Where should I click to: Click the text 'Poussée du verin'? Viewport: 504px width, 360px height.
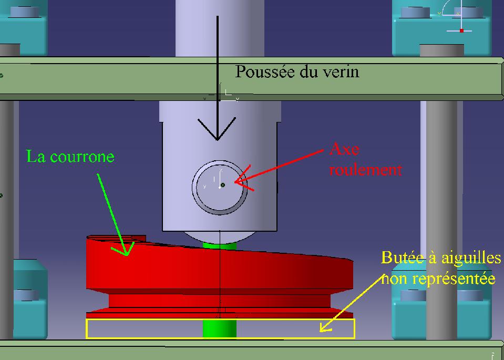pyautogui.click(x=297, y=71)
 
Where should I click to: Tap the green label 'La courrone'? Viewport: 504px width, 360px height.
pyautogui.click(x=70, y=157)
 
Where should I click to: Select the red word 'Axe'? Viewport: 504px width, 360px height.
pyautogui.click(x=344, y=149)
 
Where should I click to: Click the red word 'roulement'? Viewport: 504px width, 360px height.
pyautogui.click(x=366, y=170)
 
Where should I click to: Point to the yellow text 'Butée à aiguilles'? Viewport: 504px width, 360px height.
pyautogui.click(x=440, y=258)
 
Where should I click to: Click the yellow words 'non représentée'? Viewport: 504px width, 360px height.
pyautogui.click(x=438, y=278)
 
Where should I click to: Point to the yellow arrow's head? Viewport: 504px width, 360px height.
pyautogui.click(x=322, y=330)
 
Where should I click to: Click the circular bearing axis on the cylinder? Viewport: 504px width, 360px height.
pyautogui.click(x=219, y=186)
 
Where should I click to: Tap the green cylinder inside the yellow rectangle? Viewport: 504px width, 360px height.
pyautogui.click(x=220, y=329)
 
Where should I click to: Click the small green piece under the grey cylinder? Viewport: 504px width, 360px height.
pyautogui.click(x=220, y=245)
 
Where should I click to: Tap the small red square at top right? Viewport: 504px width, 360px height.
pyautogui.click(x=461, y=30)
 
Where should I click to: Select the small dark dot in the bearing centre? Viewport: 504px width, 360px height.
pyautogui.click(x=223, y=185)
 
